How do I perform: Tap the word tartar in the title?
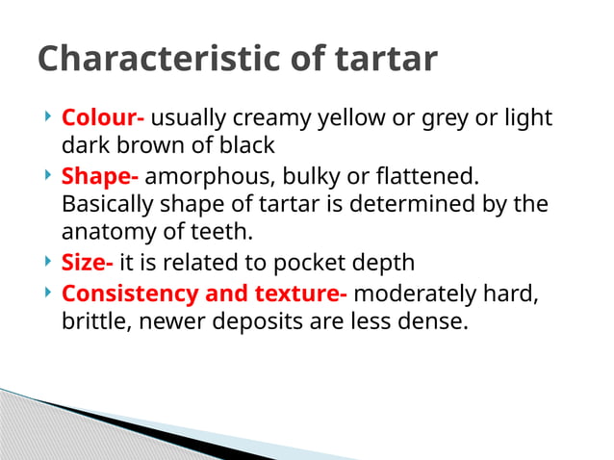point(385,59)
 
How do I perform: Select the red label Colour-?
point(103,118)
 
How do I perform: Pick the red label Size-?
point(88,263)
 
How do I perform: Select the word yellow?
point(348,118)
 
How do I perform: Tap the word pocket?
point(305,263)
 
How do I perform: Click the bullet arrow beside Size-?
point(48,262)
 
